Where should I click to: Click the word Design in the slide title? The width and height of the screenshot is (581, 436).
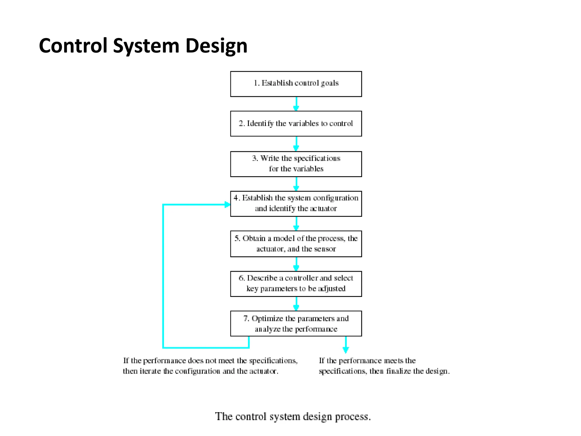216,46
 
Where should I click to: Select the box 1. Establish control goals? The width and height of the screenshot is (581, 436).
296,84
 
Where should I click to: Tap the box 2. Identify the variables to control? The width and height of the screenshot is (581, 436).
296,124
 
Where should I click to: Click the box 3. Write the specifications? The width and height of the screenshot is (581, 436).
296,164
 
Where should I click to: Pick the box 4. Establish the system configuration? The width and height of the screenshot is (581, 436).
296,204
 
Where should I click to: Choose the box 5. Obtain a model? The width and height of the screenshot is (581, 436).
296,244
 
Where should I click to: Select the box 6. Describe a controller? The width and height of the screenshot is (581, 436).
296,284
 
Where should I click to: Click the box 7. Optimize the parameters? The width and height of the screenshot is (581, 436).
296,324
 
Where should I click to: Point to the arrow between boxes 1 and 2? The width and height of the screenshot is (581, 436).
296,104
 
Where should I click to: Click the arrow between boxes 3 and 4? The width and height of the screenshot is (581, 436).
296,184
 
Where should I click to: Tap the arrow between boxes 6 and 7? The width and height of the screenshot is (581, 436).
296,304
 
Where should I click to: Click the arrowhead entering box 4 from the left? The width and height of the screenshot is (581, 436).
227,204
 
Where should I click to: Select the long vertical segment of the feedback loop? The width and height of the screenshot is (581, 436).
163,275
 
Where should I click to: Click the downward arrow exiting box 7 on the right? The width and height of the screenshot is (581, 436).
346,345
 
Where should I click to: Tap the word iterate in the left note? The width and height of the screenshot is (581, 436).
150,371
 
